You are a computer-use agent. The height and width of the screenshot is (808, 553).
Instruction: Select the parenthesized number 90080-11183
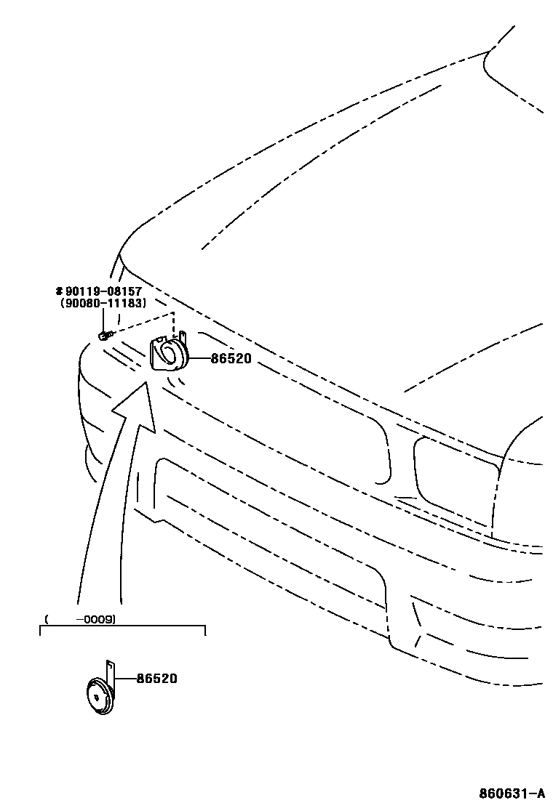103,303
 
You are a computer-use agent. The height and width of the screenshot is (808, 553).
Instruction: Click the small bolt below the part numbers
103,335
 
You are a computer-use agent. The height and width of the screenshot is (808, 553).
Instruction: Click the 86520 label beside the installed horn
231,358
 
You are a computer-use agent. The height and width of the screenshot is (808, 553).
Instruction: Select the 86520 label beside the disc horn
156,679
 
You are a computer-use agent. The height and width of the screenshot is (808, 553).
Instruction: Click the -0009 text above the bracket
98,620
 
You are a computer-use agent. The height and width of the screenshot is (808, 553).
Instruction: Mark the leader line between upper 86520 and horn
200,358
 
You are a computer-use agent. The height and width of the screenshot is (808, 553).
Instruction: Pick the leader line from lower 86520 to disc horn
125,679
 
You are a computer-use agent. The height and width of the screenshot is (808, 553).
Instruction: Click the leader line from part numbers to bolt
103,319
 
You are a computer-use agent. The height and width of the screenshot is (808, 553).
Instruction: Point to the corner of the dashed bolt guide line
174,313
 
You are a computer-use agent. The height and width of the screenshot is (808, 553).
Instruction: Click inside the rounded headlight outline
455,472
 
